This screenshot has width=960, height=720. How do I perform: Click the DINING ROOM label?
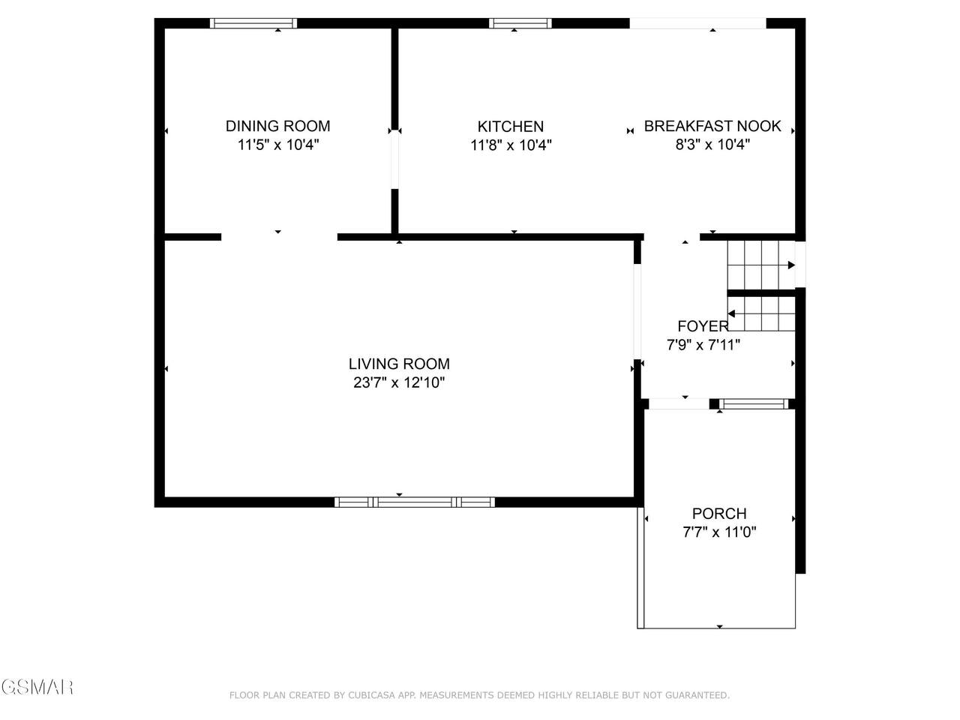(277, 126)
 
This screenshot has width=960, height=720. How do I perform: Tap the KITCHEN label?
(511, 126)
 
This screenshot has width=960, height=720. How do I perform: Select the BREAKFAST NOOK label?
(712, 126)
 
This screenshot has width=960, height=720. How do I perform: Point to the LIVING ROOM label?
(399, 364)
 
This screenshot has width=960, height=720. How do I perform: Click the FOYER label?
(703, 326)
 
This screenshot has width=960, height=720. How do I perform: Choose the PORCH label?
(719, 513)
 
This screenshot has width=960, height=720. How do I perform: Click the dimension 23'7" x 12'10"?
(399, 382)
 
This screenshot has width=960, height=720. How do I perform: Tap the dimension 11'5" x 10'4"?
(278, 144)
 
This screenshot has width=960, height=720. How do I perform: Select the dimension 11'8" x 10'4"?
(511, 145)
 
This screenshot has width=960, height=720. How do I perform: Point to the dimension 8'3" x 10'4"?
(712, 144)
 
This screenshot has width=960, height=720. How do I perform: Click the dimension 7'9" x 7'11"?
(703, 345)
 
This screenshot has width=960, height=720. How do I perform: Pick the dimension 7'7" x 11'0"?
(719, 532)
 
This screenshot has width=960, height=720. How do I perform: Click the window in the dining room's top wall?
(253, 23)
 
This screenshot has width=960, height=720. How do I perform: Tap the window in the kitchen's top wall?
(520, 23)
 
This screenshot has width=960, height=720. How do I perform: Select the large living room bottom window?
(415, 502)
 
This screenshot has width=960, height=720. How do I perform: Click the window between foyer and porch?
(754, 404)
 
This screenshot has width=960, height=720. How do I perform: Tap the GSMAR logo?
(37, 687)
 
